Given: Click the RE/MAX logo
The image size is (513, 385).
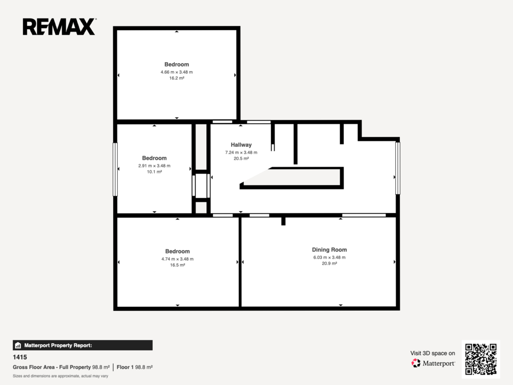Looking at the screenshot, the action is (59, 27).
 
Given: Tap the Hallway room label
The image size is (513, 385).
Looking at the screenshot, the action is (241, 145).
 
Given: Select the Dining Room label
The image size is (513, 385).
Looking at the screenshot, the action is (329, 250).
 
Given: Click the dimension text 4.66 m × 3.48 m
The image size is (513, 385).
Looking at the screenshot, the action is (177, 72).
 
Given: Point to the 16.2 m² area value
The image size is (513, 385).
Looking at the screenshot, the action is (177, 78).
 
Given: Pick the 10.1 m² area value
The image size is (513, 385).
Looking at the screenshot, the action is (154, 172).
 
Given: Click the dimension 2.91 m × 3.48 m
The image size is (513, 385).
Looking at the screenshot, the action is (154, 165).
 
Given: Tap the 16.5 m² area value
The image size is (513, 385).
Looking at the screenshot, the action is (177, 265).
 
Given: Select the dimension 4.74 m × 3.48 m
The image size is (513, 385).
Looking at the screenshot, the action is (177, 259).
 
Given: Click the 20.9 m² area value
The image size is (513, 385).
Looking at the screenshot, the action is (329, 264).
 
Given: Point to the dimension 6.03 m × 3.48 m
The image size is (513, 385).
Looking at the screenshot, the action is (329, 257).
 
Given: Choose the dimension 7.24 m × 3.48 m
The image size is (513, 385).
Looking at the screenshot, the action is (241, 152).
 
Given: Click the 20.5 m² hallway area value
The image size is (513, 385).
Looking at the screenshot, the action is (241, 158).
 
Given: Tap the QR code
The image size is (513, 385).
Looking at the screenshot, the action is (480, 359).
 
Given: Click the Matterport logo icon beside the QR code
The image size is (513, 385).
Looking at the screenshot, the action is (416, 363).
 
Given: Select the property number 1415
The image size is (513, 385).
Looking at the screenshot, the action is (20, 357).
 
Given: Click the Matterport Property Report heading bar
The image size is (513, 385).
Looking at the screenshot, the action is (83, 345).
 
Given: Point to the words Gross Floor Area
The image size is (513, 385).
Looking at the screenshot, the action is (34, 367).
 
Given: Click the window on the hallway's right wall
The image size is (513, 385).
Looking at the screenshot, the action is (397, 168).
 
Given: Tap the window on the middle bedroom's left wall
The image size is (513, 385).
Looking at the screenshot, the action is (115, 169).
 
